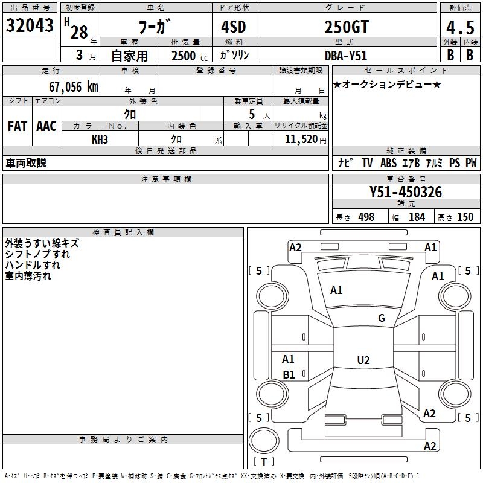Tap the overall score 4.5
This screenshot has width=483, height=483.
click(459, 27)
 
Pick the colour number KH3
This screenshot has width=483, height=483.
click(100, 139)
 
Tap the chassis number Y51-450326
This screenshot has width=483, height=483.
click(406, 193)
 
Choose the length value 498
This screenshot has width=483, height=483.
click(366, 217)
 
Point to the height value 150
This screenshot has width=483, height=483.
click(465, 217)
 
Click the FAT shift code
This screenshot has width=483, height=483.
click(17, 126)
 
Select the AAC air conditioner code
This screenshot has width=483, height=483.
click(46, 126)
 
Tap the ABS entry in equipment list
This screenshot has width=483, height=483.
click(388, 163)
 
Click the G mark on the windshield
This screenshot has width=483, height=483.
click(382, 318)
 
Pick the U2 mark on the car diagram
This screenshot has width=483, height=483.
click(363, 360)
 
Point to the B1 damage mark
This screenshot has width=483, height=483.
click(289, 375)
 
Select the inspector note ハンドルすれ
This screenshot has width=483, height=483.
click(33, 265)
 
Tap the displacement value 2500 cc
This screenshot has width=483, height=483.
click(187, 56)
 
